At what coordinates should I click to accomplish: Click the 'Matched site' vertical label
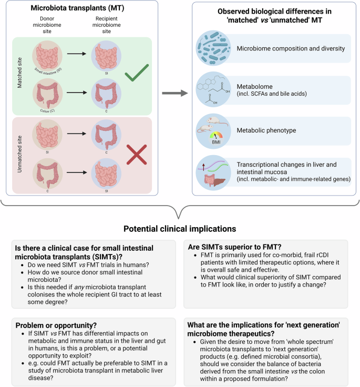coord(20,75)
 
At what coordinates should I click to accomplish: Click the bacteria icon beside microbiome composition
coord(213,48)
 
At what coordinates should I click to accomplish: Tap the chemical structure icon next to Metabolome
coord(213,89)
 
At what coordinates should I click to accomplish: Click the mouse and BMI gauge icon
coord(213,131)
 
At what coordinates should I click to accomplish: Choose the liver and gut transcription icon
coord(213,171)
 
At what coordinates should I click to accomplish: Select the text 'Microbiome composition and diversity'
coord(291,49)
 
